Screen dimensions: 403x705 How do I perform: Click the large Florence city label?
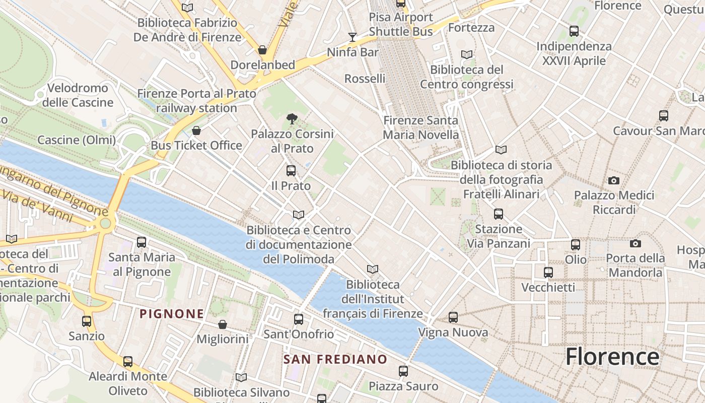pos(612,357)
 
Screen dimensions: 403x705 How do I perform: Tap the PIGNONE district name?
pos(172,314)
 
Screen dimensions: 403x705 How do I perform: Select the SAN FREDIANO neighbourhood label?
pos(335,359)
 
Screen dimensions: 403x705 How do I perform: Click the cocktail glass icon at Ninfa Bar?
pos(352,37)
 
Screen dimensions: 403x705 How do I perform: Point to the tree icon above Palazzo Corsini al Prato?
pos(291,119)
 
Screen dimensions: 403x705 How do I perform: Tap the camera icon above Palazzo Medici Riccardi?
pos(613,180)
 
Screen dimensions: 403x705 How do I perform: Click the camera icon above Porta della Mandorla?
pos(636,244)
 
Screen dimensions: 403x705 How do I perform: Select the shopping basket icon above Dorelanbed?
pos(262,50)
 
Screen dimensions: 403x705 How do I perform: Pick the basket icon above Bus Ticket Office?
pos(196,131)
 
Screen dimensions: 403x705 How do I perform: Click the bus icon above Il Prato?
pos(291,171)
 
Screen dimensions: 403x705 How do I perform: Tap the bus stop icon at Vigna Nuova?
pos(453,317)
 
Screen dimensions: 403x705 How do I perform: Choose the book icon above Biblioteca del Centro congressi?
pos(467,54)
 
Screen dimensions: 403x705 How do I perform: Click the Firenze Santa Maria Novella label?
pos(421,127)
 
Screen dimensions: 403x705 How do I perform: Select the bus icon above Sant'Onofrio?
pos(299,319)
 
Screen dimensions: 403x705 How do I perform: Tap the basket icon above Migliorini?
pos(222,324)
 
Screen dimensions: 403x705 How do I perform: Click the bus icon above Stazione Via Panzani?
pos(499,214)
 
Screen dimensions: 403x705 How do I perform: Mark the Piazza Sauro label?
pos(403,386)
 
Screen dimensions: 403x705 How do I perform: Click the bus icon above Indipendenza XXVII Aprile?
pos(574,31)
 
